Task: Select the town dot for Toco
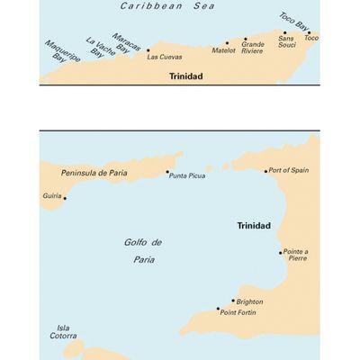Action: tap(308, 32)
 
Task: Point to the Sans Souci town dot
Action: tap(285, 33)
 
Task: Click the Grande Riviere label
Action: tap(253, 47)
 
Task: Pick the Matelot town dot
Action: tap(227, 42)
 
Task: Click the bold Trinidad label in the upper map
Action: tap(186, 76)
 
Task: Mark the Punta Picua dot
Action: tap(167, 171)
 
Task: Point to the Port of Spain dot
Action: tap(266, 170)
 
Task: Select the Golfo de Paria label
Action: tap(142, 250)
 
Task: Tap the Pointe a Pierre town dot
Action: tap(280, 253)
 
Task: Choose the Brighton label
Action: tap(250, 302)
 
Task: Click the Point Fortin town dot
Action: tap(218, 309)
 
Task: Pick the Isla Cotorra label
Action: tap(63, 331)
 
